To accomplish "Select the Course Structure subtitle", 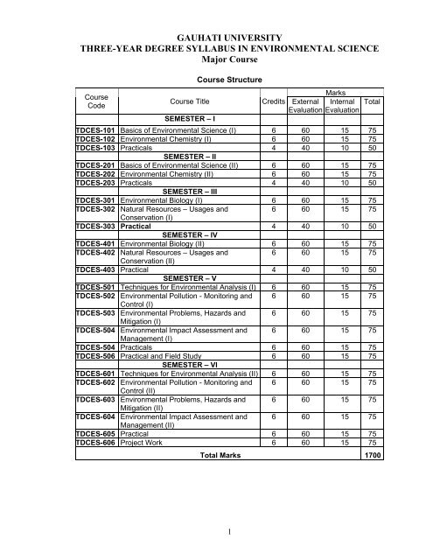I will pyautogui.click(x=214, y=102).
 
